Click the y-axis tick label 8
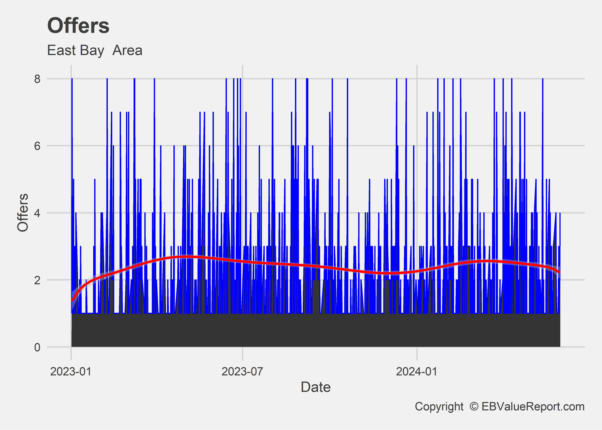[x=37, y=79]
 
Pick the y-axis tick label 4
[x=37, y=213]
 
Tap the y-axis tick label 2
[x=37, y=280]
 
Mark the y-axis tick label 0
[x=37, y=347]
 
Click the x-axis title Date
[x=316, y=387]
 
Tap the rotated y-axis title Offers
[x=23, y=213]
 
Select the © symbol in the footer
[x=474, y=407]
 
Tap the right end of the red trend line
[x=559, y=272]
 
